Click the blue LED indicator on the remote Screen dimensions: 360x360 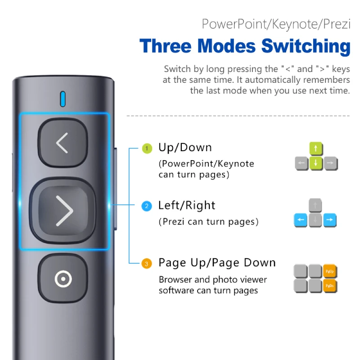63,99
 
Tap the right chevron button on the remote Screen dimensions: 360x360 63,211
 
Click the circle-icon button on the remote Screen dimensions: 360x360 63,279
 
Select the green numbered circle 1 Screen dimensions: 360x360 147,148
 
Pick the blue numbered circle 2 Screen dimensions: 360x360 147,206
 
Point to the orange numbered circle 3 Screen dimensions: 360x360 147,264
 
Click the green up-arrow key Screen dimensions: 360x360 316,148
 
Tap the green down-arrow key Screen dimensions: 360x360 316,163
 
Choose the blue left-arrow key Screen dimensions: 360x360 301,220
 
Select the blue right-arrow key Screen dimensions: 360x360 330,220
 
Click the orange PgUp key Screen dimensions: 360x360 330,271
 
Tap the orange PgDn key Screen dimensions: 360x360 330,286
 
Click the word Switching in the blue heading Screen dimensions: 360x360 306,47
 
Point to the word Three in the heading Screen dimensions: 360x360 165,46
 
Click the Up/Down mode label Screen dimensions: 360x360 185,148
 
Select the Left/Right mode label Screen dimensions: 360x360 187,205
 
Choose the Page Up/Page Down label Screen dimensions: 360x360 217,263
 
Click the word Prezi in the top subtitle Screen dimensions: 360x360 337,24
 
